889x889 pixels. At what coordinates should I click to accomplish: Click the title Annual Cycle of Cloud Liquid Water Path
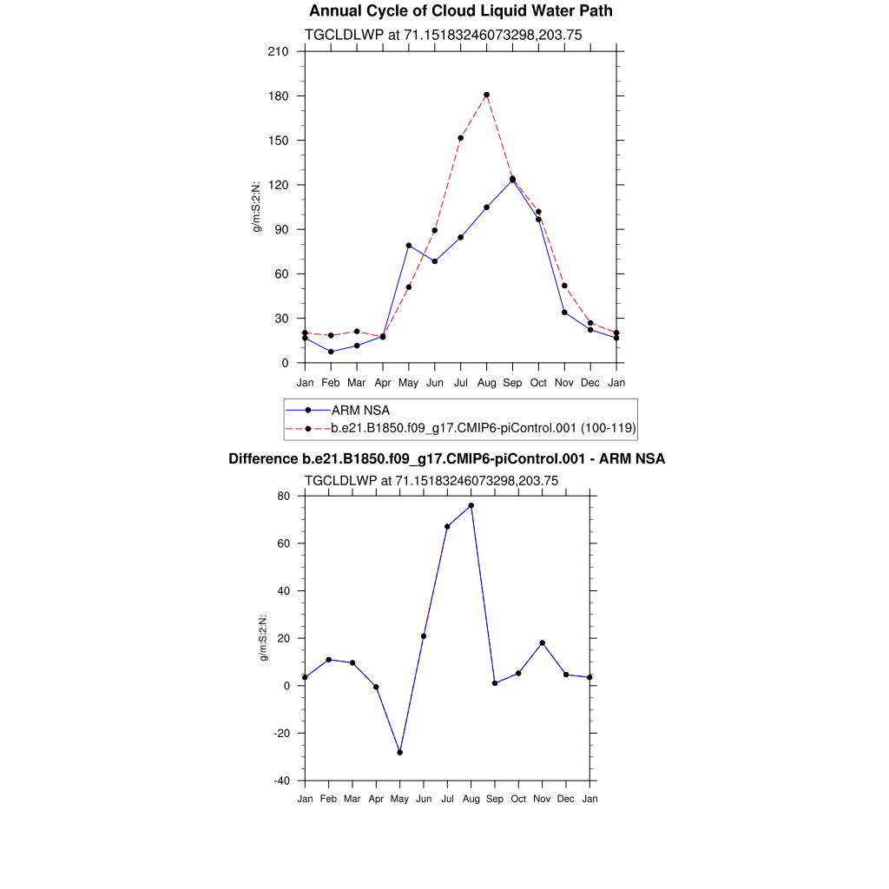pyautogui.click(x=461, y=11)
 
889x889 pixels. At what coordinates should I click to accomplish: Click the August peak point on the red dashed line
pyautogui.click(x=486, y=95)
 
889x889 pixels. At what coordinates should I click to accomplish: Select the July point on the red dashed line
pyautogui.click(x=460, y=138)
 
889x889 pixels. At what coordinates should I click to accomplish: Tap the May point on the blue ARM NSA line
pyautogui.click(x=408, y=246)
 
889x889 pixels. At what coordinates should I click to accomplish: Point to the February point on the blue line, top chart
pyautogui.click(x=331, y=352)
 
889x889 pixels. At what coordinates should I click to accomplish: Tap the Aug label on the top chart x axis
pyautogui.click(x=486, y=382)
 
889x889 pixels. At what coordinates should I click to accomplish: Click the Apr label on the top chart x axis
pyautogui.click(x=382, y=382)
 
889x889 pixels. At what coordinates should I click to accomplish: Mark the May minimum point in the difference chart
pyautogui.click(x=399, y=752)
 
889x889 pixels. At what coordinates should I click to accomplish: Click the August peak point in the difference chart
pyautogui.click(x=471, y=505)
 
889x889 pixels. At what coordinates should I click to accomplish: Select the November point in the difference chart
pyautogui.click(x=542, y=643)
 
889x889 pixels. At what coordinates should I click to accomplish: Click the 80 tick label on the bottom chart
pyautogui.click(x=283, y=497)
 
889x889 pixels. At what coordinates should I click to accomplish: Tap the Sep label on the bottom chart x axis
pyautogui.click(x=494, y=799)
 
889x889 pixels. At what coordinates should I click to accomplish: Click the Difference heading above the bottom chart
pyautogui.click(x=446, y=458)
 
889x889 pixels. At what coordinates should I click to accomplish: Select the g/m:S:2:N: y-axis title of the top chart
pyautogui.click(x=257, y=207)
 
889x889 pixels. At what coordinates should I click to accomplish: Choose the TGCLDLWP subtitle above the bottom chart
pyautogui.click(x=431, y=480)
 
